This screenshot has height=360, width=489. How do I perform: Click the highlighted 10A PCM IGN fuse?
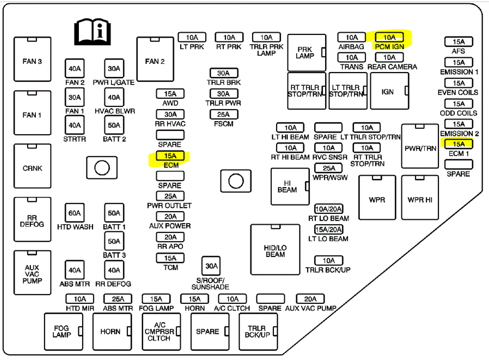389,37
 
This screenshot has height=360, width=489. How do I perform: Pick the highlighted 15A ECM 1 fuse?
459,144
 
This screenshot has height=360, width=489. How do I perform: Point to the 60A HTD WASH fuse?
75,213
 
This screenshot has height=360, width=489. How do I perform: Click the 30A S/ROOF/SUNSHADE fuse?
211,266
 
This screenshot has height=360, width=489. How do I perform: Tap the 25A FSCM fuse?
223,114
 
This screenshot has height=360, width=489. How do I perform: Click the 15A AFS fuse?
459,41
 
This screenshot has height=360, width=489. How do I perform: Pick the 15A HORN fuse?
194,299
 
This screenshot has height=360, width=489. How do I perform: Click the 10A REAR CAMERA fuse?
389,57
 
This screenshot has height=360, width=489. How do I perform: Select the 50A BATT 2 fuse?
114,125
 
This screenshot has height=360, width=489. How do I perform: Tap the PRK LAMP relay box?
306,52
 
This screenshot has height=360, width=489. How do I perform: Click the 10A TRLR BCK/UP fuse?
328,260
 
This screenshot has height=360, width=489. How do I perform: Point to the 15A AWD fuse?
170,94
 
